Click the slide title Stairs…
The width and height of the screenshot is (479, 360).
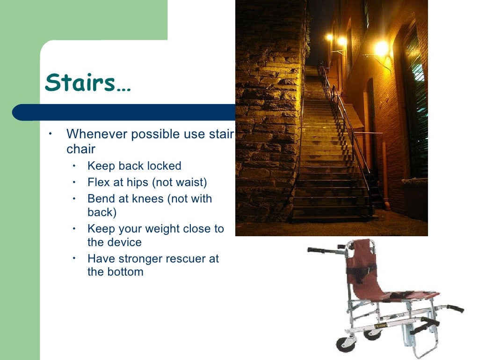pyautogui.click(x=88, y=82)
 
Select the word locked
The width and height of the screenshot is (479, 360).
pyautogui.click(x=164, y=166)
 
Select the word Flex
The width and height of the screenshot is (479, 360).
pyautogui.click(x=99, y=182)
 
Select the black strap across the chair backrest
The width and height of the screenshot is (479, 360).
pyautogui.click(x=361, y=270)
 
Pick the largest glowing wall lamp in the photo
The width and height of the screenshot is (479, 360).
pyautogui.click(x=382, y=48)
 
